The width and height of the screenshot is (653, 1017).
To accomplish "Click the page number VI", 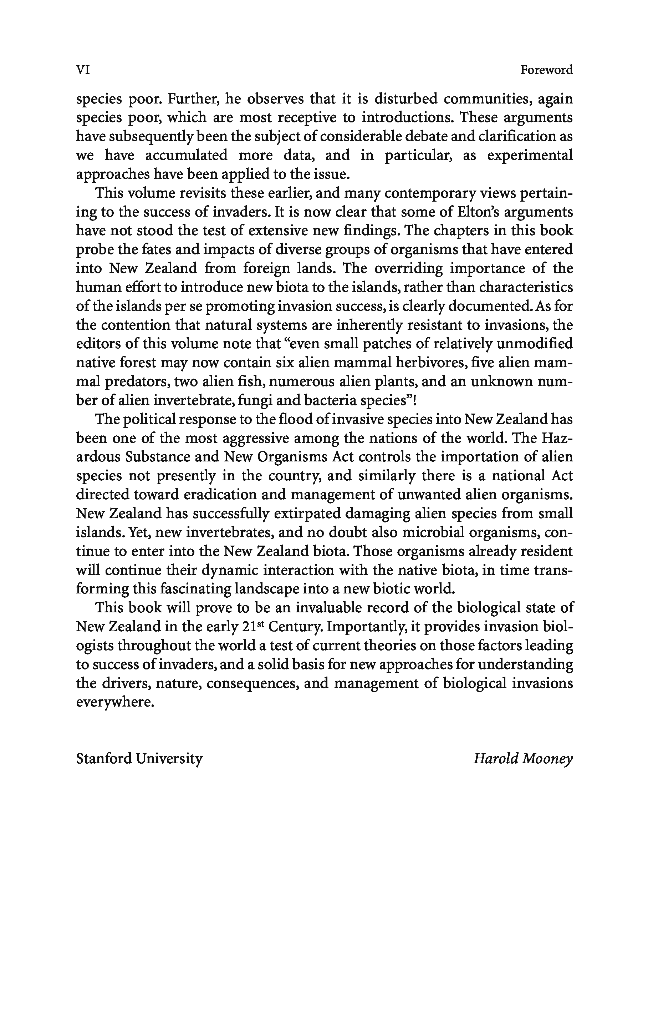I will tap(83, 70).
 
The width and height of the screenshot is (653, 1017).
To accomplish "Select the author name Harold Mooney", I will tap(523, 758).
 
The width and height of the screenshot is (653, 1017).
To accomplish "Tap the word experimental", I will tap(530, 155).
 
